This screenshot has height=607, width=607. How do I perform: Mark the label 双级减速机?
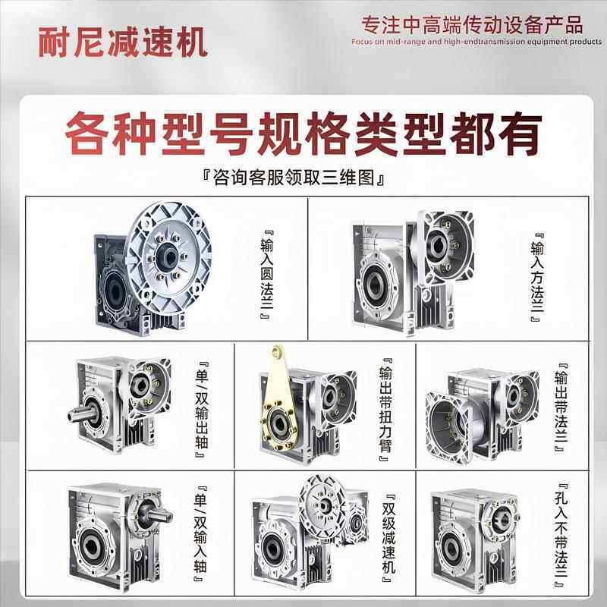[388, 531]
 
